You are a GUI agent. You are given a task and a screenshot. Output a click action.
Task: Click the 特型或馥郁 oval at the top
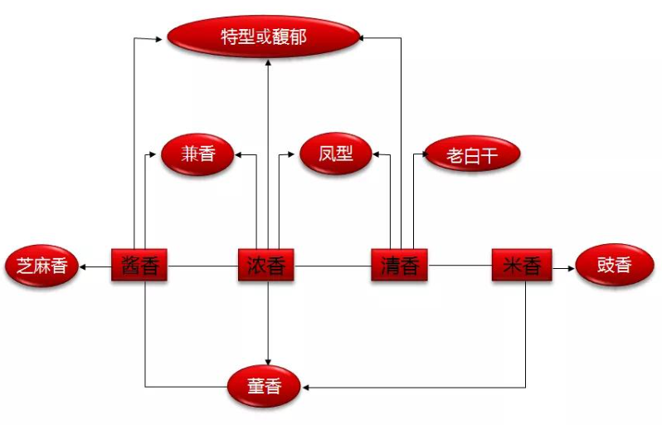[x=263, y=37]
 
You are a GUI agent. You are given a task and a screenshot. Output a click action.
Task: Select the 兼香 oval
[x=197, y=154]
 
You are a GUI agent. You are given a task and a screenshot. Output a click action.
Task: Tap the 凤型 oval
[x=335, y=154]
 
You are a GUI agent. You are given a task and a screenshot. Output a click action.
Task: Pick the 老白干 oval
[x=471, y=154]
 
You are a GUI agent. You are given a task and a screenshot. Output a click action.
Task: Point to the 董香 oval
[x=265, y=387]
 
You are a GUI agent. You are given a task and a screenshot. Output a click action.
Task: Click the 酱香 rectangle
[x=139, y=266]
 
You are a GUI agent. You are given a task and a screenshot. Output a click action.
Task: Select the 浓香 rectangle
[x=266, y=266]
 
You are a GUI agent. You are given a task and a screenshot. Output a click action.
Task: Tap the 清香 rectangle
[x=399, y=266]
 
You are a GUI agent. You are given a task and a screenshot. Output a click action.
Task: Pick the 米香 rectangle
[x=521, y=266]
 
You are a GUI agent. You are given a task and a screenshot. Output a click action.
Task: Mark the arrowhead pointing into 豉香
[x=570, y=266]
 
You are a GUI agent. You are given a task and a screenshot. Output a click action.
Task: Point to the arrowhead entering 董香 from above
[x=267, y=360]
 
